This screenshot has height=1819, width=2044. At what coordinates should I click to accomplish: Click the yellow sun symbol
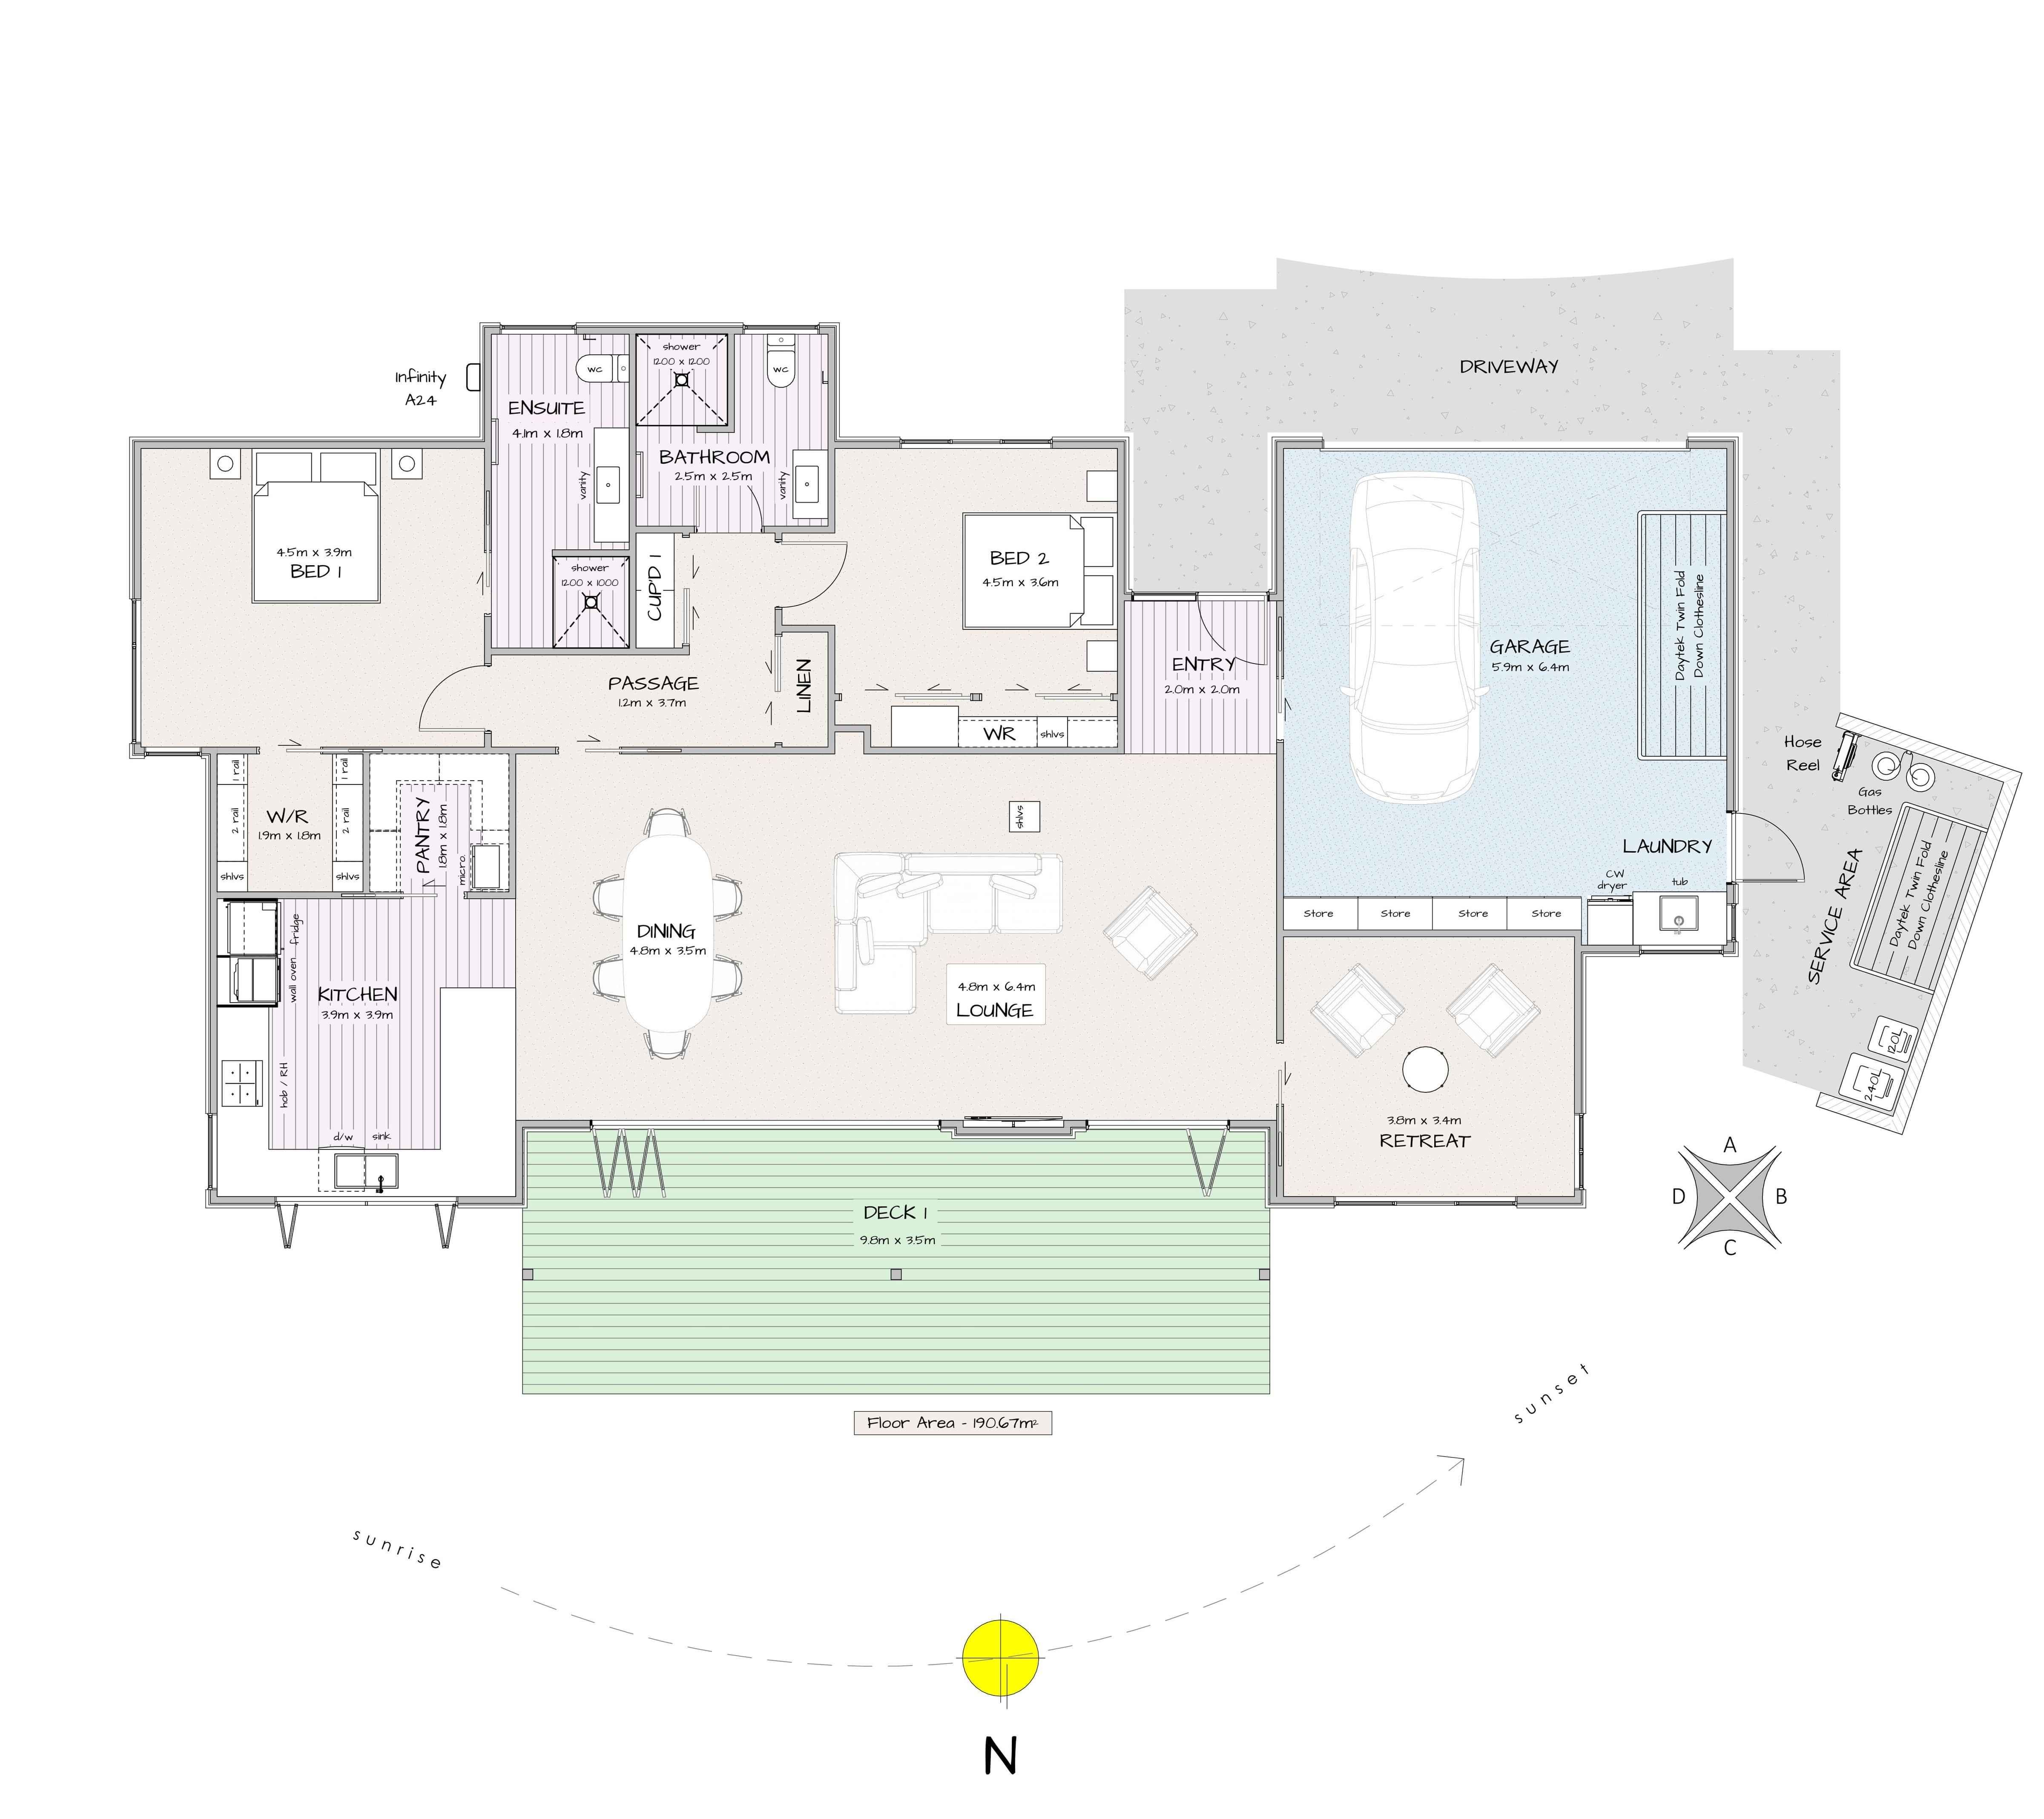click(1000, 1656)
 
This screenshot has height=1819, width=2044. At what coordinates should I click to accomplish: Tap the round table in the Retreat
click(1425, 1069)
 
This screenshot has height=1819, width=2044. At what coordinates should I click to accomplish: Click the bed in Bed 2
click(1038, 571)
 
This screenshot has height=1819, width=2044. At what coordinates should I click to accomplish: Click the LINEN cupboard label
click(803, 686)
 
